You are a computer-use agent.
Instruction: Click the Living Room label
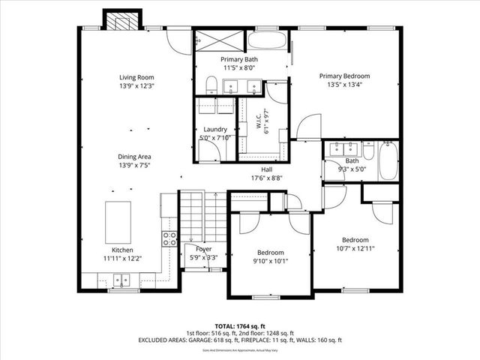pos(136,77)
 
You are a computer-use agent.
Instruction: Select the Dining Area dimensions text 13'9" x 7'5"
pos(135,165)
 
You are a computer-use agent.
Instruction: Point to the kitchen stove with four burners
pos(170,238)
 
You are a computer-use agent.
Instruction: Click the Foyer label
pos(203,249)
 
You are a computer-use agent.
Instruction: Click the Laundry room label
pos(215,129)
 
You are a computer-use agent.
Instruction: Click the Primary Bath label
pos(240,59)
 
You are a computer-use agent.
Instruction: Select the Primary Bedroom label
pos(346,76)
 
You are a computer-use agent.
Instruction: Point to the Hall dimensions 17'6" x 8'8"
pos(266,178)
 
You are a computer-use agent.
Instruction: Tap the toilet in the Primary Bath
pos(211,83)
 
